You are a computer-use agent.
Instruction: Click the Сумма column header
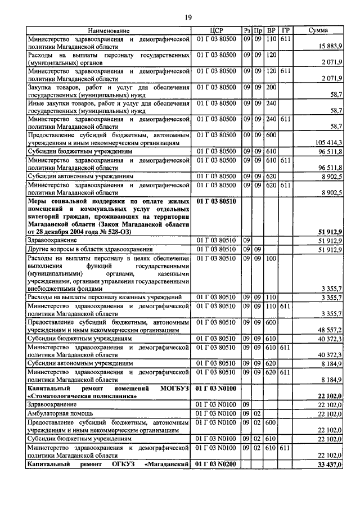[318, 30]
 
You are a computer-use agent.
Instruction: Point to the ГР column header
[286, 30]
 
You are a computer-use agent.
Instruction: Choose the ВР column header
[271, 30]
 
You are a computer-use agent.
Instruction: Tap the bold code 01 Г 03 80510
[217, 200]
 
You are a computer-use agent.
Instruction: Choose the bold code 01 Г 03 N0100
[217, 388]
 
